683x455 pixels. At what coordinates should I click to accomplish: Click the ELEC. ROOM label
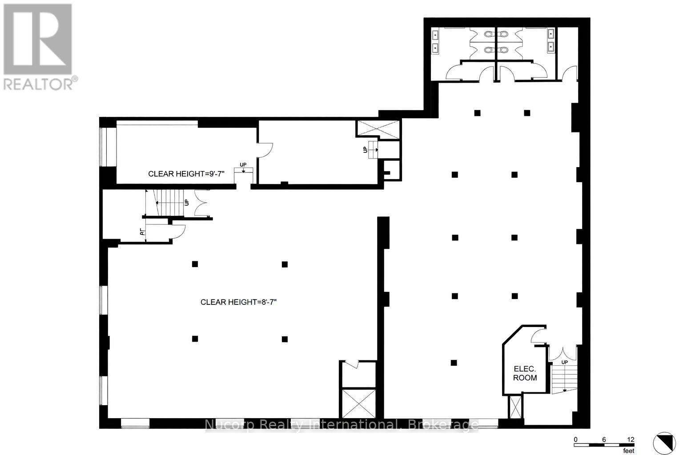[525, 373]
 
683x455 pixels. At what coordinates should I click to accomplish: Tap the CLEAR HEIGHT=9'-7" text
[187, 174]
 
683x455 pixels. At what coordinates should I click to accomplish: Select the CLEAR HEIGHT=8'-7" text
[239, 302]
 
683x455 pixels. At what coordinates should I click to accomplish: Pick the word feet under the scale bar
[628, 451]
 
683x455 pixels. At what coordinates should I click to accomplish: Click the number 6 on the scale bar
[603, 439]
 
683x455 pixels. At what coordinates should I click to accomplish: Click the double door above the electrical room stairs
[562, 353]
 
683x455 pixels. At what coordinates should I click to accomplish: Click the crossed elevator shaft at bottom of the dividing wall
[358, 403]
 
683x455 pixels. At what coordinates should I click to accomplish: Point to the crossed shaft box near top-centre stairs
[376, 128]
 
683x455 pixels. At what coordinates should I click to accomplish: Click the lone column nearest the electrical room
[454, 363]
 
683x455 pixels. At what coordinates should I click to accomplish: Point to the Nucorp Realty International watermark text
[341, 425]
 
